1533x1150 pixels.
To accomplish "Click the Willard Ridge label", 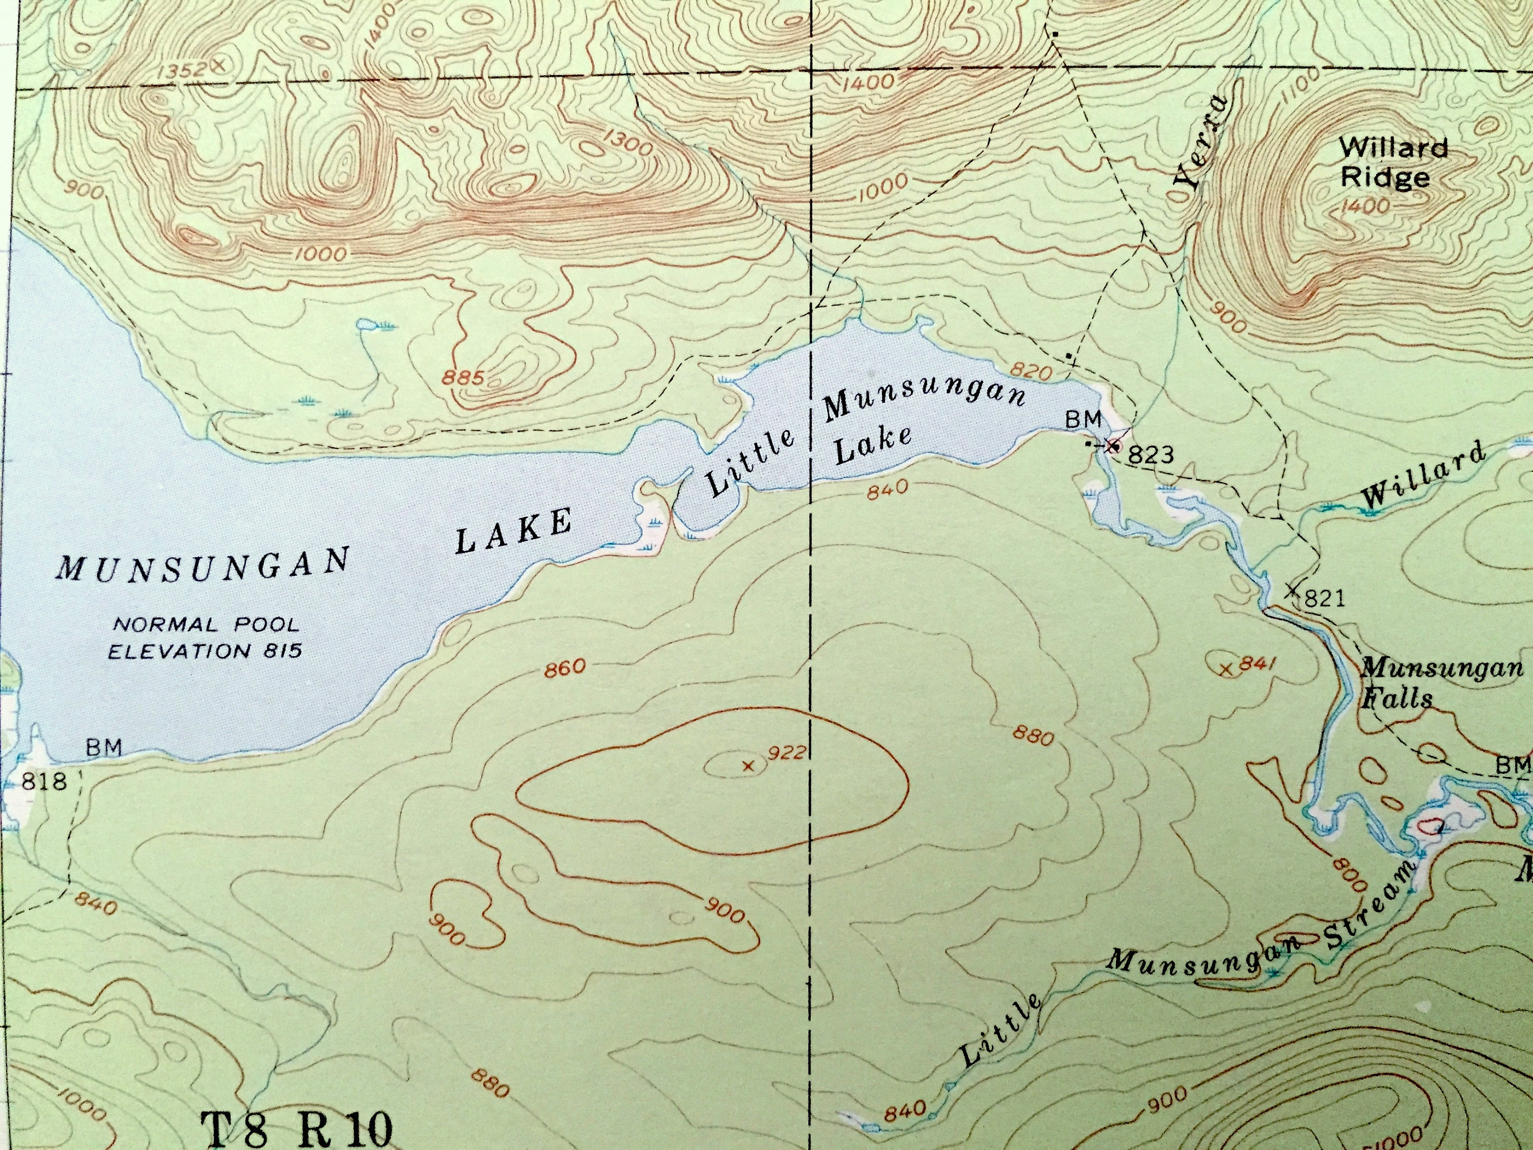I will [x=1384, y=163].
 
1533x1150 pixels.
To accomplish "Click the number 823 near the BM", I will [x=1150, y=455].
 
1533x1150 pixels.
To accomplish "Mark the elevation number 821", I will [x=1323, y=597].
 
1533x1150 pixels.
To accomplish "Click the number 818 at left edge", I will [x=44, y=781].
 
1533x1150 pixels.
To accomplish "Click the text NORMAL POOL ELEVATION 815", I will [x=206, y=638].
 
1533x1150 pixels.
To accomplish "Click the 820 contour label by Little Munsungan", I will [x=1031, y=372].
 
